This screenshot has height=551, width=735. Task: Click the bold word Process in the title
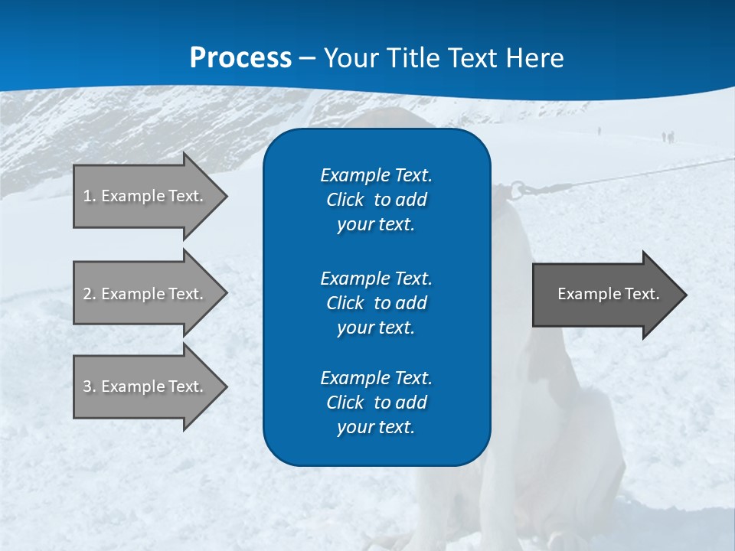(240, 58)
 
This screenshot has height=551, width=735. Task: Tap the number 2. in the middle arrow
(90, 294)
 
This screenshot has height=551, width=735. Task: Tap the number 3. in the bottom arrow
(90, 386)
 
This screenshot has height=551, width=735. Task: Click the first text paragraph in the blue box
(376, 200)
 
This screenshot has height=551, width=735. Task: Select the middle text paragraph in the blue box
(376, 303)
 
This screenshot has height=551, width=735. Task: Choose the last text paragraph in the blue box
(376, 403)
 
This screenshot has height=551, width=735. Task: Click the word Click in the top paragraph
(345, 200)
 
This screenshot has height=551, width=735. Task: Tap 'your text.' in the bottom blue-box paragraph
(376, 427)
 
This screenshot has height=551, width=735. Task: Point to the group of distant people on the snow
(668, 137)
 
